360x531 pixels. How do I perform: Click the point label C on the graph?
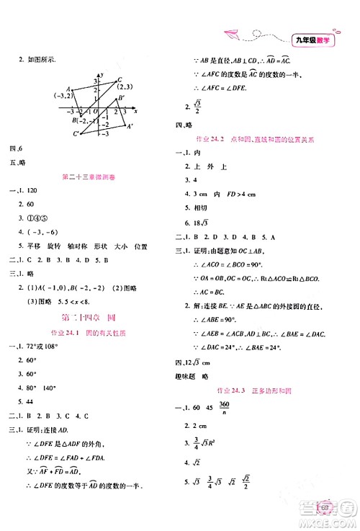119,80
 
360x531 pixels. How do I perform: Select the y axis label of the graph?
104,75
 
